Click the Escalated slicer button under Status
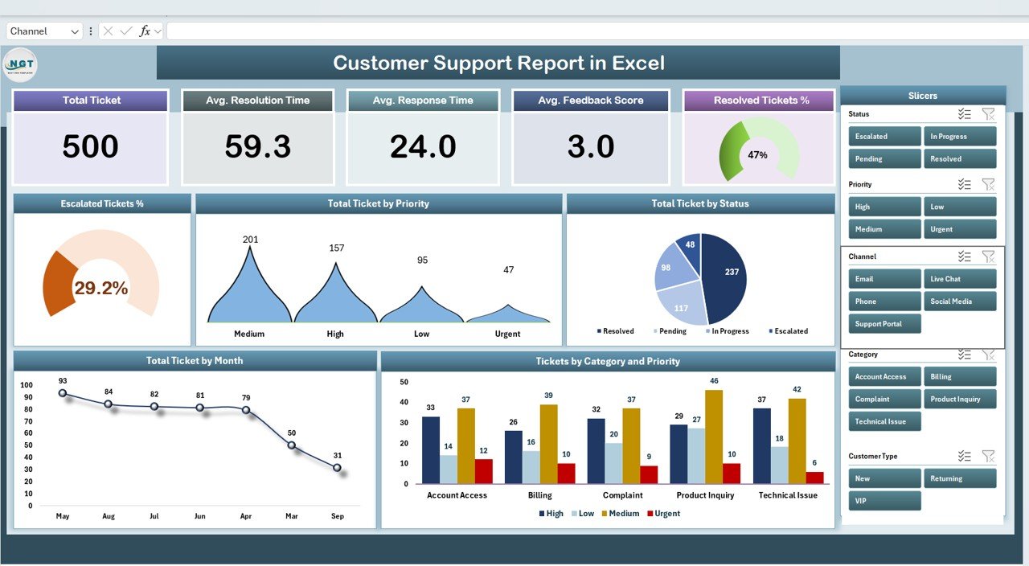click(x=884, y=137)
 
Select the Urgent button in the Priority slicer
click(x=959, y=229)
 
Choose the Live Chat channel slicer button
click(x=959, y=279)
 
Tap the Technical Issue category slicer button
click(x=884, y=421)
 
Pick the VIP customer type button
click(x=884, y=501)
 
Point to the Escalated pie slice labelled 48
click(x=690, y=246)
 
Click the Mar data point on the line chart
click(x=291, y=445)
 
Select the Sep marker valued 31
click(x=337, y=467)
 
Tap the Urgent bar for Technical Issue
click(x=814, y=478)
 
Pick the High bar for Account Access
click(x=431, y=450)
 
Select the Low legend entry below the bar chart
click(x=584, y=514)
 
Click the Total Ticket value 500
click(x=90, y=146)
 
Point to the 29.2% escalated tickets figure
click(x=101, y=288)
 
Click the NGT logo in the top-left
click(x=20, y=64)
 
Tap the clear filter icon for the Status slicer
click(x=988, y=114)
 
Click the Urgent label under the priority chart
click(x=507, y=334)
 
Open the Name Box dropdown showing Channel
click(x=75, y=31)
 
